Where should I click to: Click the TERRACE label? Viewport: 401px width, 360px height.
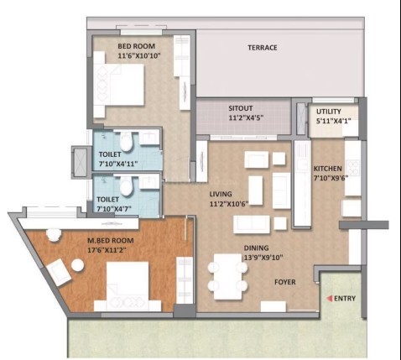tap(263, 48)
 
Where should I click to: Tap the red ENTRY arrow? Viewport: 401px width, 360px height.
tap(330, 299)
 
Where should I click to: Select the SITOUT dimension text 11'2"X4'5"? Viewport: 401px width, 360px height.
tap(246, 117)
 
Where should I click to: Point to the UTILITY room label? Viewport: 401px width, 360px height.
tap(329, 112)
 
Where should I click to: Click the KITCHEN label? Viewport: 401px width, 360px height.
tap(327, 169)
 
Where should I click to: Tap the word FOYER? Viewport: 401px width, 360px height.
tap(285, 282)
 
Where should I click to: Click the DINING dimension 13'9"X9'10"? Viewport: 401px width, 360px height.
tap(263, 258)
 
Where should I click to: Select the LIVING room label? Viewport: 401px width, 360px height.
tap(221, 194)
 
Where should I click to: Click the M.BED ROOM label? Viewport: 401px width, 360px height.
tap(111, 241)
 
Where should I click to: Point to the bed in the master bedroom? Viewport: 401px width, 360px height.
tap(128, 286)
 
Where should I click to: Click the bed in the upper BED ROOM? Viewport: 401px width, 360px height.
tap(119, 85)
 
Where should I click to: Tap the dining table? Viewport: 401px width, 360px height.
tap(228, 276)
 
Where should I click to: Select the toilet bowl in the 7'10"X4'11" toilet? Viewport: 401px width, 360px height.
tap(126, 142)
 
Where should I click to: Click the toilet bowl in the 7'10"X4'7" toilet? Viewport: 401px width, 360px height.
tap(126, 186)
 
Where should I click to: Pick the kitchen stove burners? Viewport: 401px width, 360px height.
tap(353, 167)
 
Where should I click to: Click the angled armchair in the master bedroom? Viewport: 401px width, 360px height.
tap(59, 272)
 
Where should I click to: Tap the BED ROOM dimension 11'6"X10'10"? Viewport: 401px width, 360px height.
tap(139, 55)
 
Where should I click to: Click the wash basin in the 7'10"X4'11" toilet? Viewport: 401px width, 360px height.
tap(149, 137)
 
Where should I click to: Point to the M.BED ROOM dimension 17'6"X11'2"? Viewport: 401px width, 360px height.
tap(107, 250)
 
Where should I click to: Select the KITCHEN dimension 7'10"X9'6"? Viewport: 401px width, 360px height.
tap(331, 178)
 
